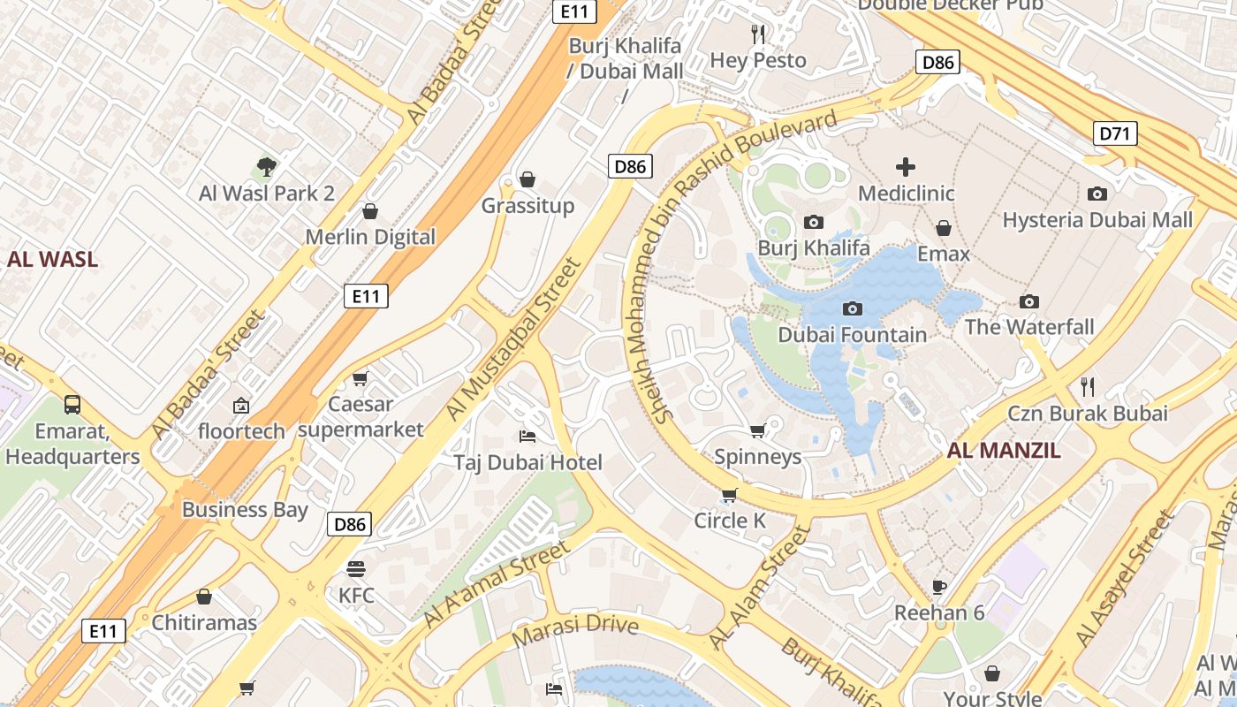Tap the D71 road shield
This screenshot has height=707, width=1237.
[x=1116, y=134]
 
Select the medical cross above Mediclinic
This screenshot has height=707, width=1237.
[x=906, y=166]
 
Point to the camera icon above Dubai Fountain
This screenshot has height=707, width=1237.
[x=853, y=308]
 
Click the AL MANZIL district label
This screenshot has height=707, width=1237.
[x=1004, y=451]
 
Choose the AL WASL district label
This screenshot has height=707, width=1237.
[x=53, y=259]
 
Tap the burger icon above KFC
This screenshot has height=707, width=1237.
[x=356, y=568]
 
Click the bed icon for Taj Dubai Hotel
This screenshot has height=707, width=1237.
[x=527, y=436]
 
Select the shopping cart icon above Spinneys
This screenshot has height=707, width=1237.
[x=757, y=430]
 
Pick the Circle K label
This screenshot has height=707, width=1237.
[x=730, y=521]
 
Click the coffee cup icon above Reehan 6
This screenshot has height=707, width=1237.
[x=939, y=586]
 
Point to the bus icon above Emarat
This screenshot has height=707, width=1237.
[x=72, y=405]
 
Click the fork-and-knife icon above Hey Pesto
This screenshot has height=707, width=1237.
[x=758, y=34]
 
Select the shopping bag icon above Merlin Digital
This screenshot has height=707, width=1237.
[x=370, y=211]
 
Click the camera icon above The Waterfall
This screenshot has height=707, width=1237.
[x=1029, y=301]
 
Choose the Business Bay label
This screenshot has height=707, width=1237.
[x=245, y=509]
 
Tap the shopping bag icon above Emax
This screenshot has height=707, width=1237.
[x=944, y=228]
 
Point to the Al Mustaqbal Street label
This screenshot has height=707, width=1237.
[x=514, y=338]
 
